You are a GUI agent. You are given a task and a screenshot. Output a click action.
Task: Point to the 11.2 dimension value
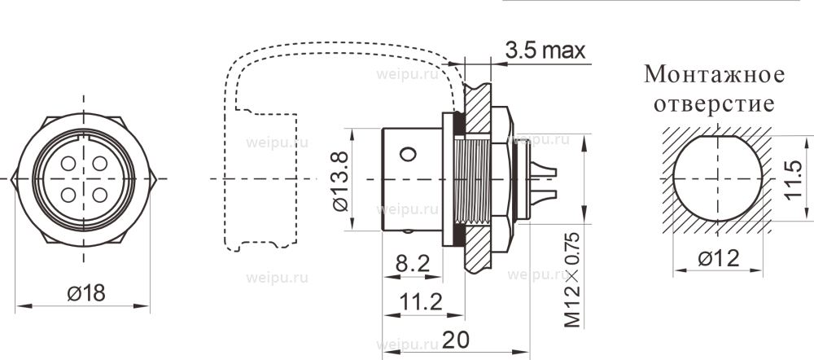420,302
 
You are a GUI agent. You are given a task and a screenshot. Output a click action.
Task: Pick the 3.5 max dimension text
545,50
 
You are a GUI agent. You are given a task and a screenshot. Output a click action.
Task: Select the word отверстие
714,105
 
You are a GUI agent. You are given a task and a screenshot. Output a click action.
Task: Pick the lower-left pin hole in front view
67,195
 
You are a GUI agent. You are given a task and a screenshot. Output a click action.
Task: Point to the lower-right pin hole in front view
99,195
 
